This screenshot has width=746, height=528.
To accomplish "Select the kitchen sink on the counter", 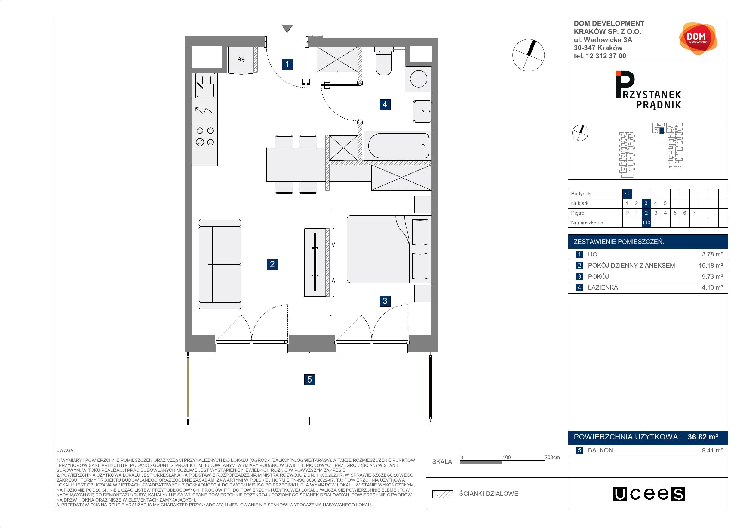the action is [x=205, y=86].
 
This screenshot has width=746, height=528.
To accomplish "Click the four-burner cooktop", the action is [x=205, y=136].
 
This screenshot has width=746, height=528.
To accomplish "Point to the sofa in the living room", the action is [x=220, y=264].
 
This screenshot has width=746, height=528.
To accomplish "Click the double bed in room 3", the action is [x=388, y=249].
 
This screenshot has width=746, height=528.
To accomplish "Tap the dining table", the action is [x=296, y=164].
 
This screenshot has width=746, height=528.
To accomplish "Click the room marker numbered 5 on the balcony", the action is [x=310, y=380].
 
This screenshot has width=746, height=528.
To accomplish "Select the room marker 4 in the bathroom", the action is [x=385, y=104].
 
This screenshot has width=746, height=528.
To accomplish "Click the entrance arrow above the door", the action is [x=287, y=29].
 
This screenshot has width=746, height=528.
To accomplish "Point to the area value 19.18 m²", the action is [x=711, y=266].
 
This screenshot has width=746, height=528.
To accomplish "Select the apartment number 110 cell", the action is [x=646, y=223].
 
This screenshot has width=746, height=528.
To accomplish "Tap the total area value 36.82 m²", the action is [x=703, y=437].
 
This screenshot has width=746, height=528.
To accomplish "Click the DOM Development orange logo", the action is [x=698, y=39].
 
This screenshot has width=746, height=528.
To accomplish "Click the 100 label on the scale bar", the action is [x=507, y=457].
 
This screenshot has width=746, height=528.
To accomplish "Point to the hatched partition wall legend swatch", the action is [x=443, y=494].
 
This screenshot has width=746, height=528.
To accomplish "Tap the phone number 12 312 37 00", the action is [x=606, y=56].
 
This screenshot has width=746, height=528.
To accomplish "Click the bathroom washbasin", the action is [x=422, y=111].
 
